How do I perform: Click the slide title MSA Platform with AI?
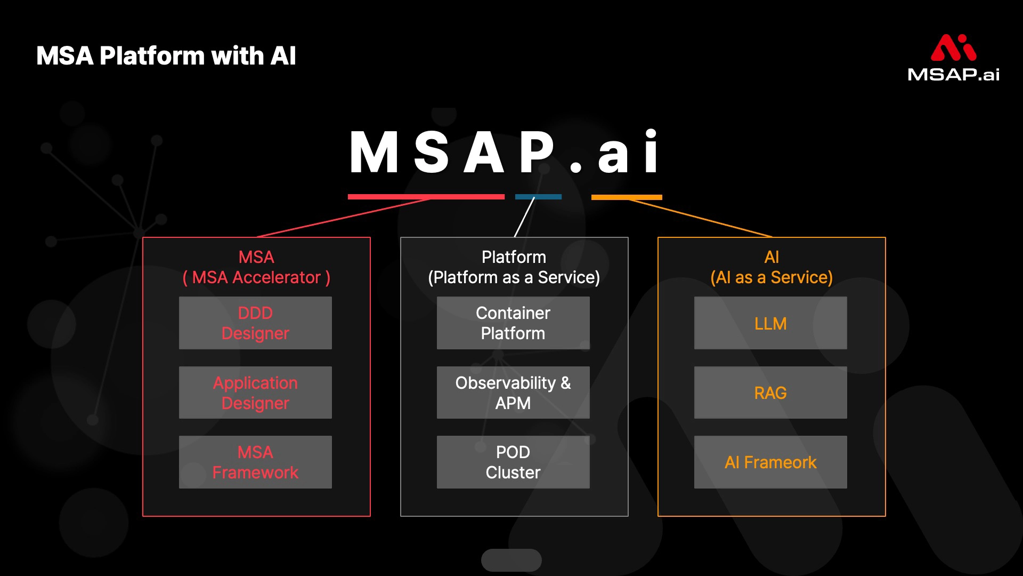coord(166,56)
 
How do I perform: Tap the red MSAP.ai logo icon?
coord(953,47)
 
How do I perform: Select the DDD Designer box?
coord(255,323)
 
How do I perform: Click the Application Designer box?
coord(255,393)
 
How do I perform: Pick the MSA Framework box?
coord(255,462)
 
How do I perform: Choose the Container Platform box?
coord(513,323)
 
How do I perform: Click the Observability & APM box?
coord(513,393)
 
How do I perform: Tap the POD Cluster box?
coord(513,462)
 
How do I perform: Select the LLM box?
coord(770,323)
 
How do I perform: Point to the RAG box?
coord(770,393)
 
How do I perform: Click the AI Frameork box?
coord(770,462)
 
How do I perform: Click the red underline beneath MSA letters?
coord(426,197)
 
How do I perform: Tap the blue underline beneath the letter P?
coord(538,197)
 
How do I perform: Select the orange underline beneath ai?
coord(627,197)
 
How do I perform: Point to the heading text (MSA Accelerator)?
coord(256,277)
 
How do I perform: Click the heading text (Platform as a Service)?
coord(514,277)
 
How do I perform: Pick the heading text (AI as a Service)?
coord(772,277)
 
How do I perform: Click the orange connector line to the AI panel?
coord(701,218)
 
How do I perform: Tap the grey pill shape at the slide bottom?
coord(511,560)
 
